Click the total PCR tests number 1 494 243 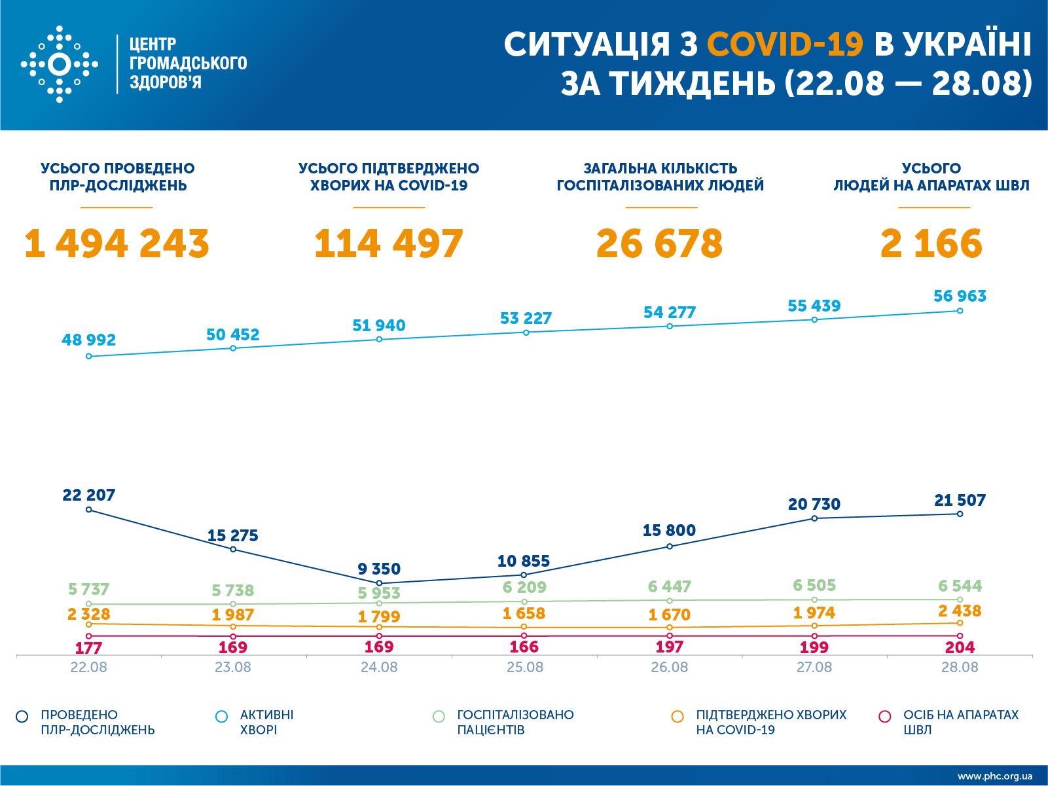[117, 243]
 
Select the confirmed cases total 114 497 [389, 243]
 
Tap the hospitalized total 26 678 [659, 243]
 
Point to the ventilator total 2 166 [931, 243]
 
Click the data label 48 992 [88, 340]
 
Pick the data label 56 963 [960, 296]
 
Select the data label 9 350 [379, 569]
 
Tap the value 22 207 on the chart [88, 495]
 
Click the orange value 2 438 [960, 611]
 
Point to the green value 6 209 [524, 587]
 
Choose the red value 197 [669, 647]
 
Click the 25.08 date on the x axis [524, 668]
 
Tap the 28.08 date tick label [960, 668]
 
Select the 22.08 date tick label [88, 668]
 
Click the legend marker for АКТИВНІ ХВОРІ [222, 717]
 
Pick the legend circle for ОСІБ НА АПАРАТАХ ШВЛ [885, 717]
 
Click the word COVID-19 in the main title [785, 45]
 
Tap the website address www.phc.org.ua [994, 776]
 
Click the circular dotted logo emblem [60, 64]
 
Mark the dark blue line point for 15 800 [670, 546]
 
